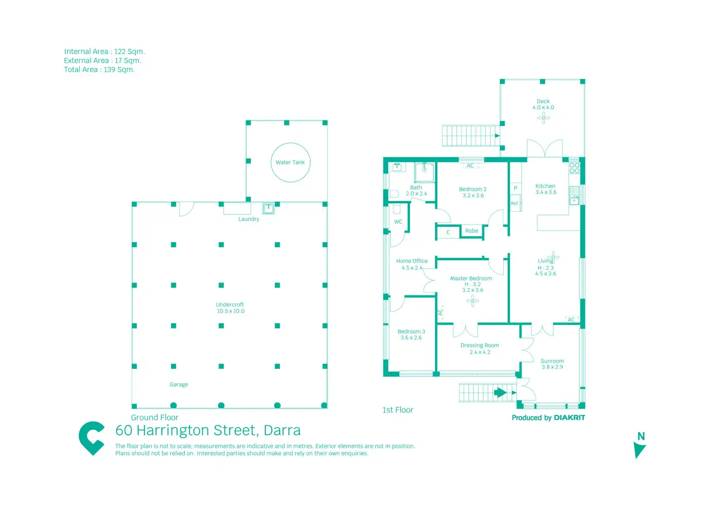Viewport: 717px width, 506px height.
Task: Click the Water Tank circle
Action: [290, 163]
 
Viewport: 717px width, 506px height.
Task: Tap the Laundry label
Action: [248, 219]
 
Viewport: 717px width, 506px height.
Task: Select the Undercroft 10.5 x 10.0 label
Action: [230, 308]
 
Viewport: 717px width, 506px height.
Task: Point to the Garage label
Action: [179, 384]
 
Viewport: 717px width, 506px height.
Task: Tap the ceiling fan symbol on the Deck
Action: [544, 118]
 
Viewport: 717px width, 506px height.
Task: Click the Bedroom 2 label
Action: [472, 192]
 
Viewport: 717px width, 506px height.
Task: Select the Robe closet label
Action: [472, 231]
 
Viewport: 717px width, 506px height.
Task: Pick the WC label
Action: [398, 222]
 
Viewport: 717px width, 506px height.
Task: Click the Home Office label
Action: [412, 264]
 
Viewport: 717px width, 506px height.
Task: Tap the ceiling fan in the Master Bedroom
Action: [472, 301]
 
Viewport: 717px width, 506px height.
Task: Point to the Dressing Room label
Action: [479, 348]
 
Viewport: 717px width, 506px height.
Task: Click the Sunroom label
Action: [552, 364]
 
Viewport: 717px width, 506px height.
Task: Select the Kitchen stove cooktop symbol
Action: [574, 168]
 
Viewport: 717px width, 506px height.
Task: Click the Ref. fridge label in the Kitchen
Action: [515, 203]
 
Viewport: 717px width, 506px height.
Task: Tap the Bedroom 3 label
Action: [411, 334]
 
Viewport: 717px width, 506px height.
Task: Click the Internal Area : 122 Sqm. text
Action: [104, 52]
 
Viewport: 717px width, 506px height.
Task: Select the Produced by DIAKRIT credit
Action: [548, 417]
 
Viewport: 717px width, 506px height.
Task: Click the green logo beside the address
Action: [92, 438]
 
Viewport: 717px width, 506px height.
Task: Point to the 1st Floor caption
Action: [397, 410]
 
